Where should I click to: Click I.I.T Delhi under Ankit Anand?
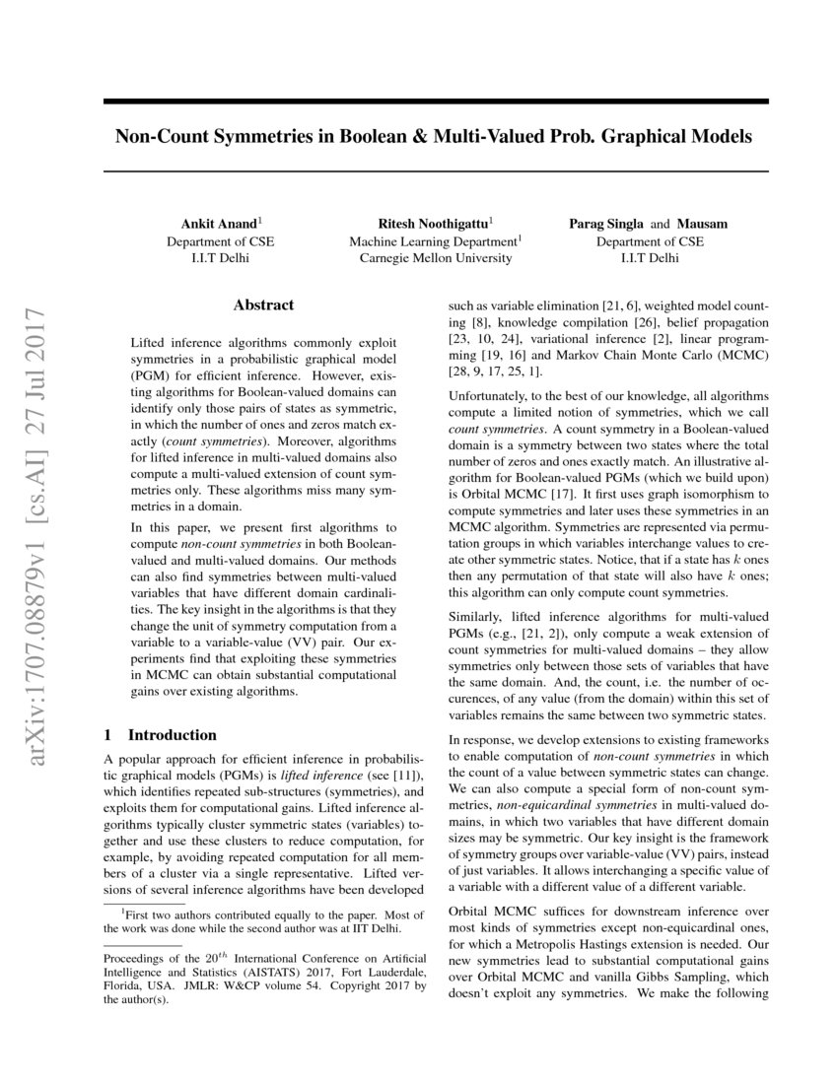click(x=220, y=258)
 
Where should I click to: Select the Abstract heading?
click(x=263, y=305)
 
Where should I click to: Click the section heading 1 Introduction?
click(x=160, y=735)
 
